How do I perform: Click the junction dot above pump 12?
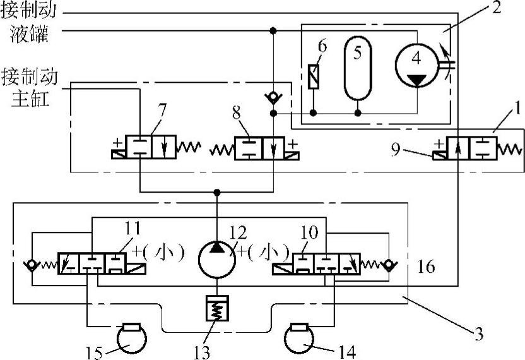click(x=217, y=191)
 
